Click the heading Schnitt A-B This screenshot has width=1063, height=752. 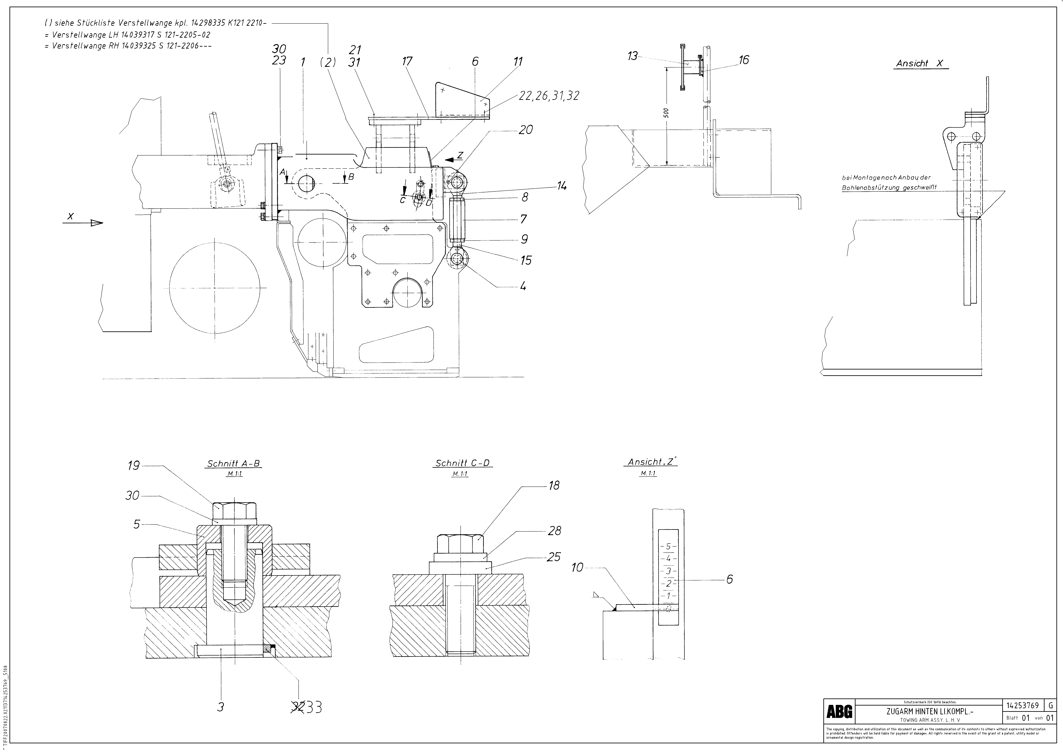(233, 464)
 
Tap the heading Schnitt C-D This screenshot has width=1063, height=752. (462, 463)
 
